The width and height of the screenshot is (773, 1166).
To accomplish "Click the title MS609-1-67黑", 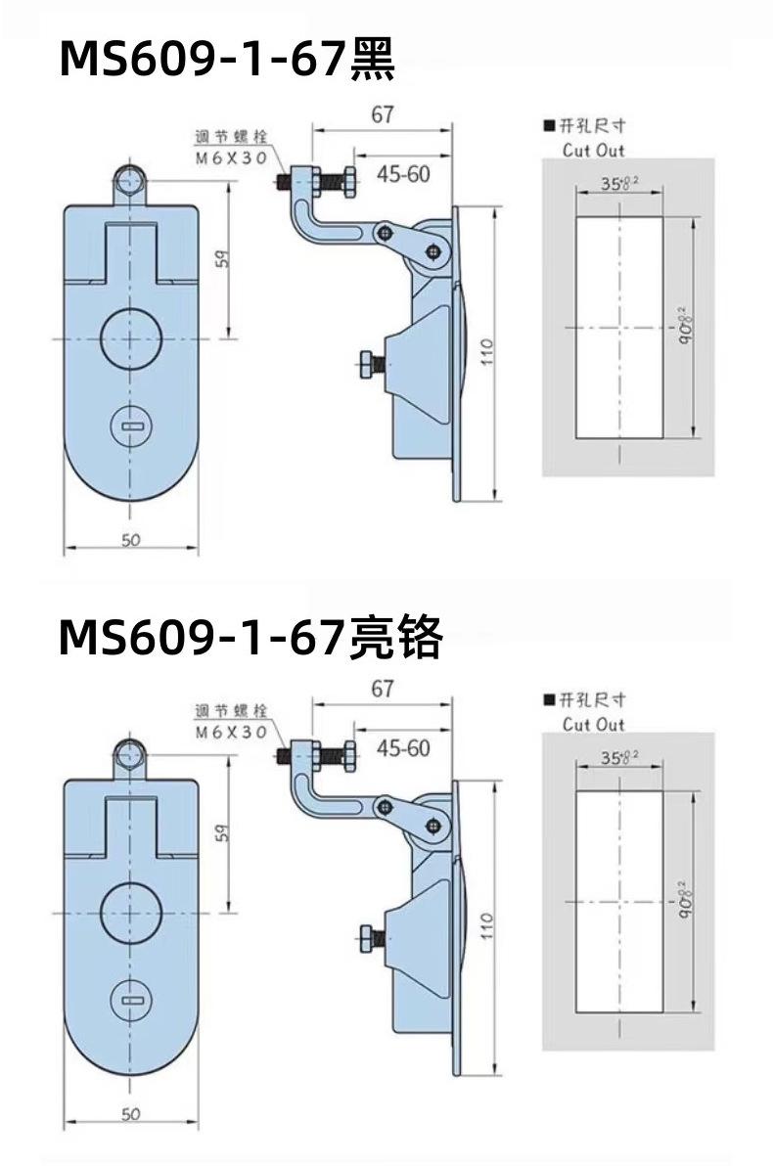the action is click(227, 61).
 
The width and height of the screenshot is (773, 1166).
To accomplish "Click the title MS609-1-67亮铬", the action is click(250, 638).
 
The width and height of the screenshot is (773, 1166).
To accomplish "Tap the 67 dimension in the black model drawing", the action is click(383, 115).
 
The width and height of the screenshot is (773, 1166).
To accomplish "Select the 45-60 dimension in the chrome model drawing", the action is click(403, 749).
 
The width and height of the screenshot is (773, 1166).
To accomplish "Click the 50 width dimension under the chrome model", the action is click(131, 1114).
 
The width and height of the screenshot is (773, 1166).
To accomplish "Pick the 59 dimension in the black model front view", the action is click(222, 261).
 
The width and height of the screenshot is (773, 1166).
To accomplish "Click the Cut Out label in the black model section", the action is click(593, 151).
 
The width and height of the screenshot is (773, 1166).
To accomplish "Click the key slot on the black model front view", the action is click(131, 426).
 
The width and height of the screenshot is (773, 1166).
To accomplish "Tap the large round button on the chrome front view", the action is click(131, 912).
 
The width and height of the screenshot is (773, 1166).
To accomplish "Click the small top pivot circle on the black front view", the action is click(130, 178).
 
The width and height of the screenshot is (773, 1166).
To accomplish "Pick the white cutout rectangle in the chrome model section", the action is click(618, 902).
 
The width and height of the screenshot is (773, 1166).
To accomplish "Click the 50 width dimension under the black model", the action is click(131, 540).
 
